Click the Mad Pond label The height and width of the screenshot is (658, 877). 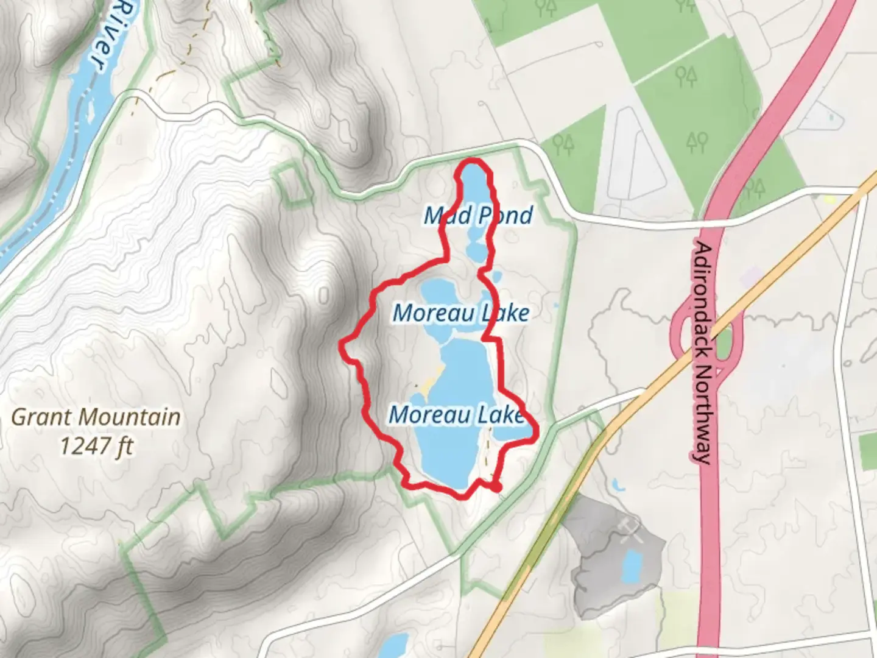479,215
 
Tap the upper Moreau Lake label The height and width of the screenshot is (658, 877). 461,313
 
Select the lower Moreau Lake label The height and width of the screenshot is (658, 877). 456,415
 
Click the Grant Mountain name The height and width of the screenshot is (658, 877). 96,417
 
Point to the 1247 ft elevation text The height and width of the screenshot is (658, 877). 96,447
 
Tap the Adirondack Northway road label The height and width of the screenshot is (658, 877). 703,353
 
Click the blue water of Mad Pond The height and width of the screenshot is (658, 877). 474,189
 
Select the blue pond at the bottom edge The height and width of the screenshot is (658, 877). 396,646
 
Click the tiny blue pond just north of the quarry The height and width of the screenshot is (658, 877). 618,486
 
